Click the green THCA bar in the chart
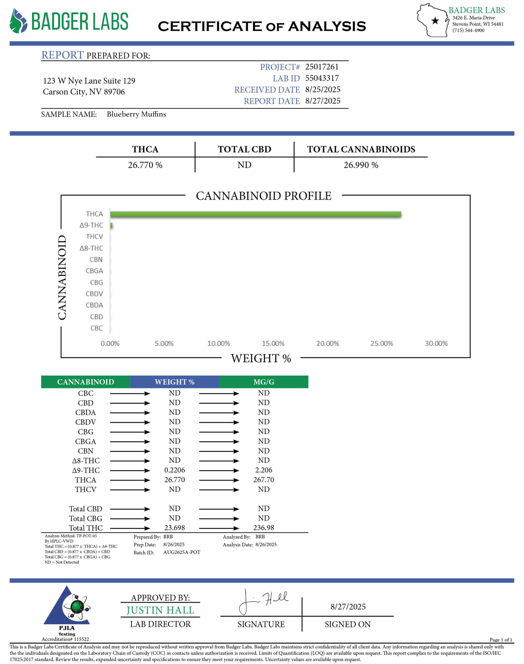click(x=255, y=214)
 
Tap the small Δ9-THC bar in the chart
click(x=111, y=226)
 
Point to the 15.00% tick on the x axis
click(x=273, y=343)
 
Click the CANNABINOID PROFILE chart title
click(x=264, y=196)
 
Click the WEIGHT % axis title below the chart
click(x=261, y=358)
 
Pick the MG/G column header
click(x=264, y=382)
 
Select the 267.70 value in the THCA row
click(x=264, y=480)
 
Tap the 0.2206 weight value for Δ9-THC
click(x=175, y=470)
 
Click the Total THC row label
click(x=86, y=528)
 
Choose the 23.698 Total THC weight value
click(x=175, y=528)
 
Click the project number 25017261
click(x=322, y=67)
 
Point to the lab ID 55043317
click(x=322, y=78)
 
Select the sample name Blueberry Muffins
click(x=136, y=114)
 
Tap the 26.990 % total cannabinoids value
click(x=361, y=165)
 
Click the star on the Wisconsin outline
click(x=435, y=21)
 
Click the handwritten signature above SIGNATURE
click(x=263, y=602)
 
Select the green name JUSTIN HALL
click(x=160, y=610)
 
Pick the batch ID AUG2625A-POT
click(x=182, y=552)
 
